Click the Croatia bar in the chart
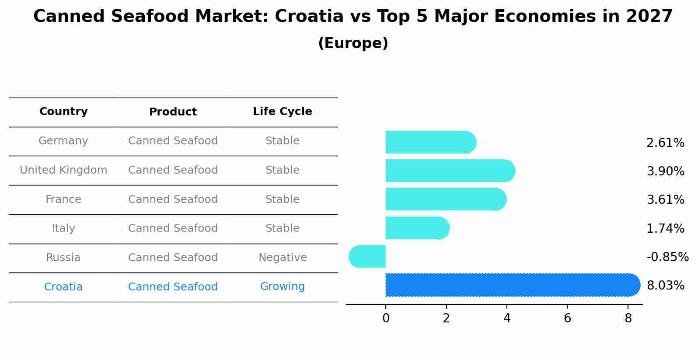[512, 285]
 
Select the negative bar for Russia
[367, 256]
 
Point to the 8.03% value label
[665, 286]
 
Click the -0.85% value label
[667, 257]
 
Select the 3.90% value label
[665, 171]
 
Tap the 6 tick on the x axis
[567, 318]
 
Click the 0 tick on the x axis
[386, 318]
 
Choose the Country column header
[63, 112]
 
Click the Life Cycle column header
[282, 112]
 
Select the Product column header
[173, 112]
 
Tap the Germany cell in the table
[63, 141]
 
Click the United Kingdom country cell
[63, 170]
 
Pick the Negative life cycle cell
[283, 258]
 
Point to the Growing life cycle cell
[282, 287]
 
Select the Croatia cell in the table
[63, 287]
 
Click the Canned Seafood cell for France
[173, 199]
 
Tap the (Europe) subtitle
[353, 43]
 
